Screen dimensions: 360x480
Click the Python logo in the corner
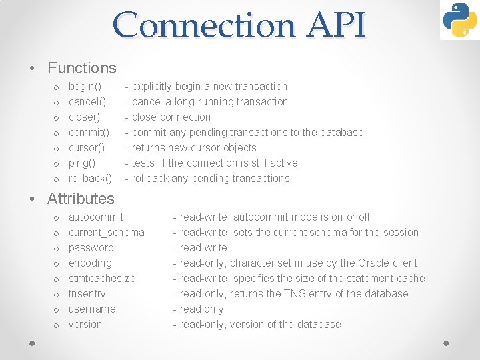pos(459,20)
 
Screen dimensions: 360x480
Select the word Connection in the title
pos(203,25)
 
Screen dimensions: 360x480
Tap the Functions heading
pos(82,68)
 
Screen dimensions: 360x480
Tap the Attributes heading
pos(81,199)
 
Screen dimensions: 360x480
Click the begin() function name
pos(85,87)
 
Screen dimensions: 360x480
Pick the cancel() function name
pos(87,102)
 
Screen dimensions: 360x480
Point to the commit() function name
pos(89,133)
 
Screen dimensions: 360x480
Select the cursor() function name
pos(87,148)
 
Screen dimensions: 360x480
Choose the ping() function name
pos(83,163)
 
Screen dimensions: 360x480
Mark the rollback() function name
pos(90,179)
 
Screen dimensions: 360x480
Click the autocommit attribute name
pos(96,217)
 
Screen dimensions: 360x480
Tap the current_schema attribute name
pos(107,233)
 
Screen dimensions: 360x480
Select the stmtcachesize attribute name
pos(102,279)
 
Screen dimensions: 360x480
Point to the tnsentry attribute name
pos(87,294)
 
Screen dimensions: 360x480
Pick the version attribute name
pos(85,325)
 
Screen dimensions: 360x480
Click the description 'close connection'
pos(171,117)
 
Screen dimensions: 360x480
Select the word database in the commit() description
pos(341,133)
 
